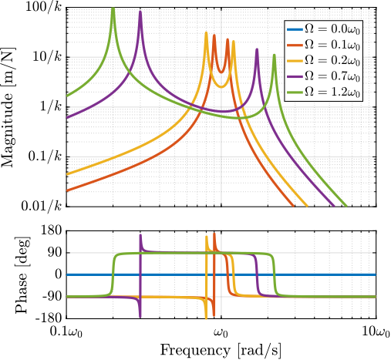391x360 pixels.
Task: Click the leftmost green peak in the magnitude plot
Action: tap(113, 9)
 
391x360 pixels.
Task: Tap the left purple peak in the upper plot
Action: tap(140, 12)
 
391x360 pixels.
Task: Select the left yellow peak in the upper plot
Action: tap(206, 33)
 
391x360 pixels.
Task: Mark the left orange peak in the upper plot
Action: tap(214, 36)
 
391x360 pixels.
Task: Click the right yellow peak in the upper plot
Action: tap(234, 42)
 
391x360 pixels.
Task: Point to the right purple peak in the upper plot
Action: tap(257, 49)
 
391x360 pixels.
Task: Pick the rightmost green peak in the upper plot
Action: tap(274, 56)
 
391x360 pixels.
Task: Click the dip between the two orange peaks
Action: tap(221, 72)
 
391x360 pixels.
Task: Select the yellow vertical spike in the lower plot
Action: tap(206, 308)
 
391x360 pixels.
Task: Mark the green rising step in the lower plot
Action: tap(113, 274)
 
